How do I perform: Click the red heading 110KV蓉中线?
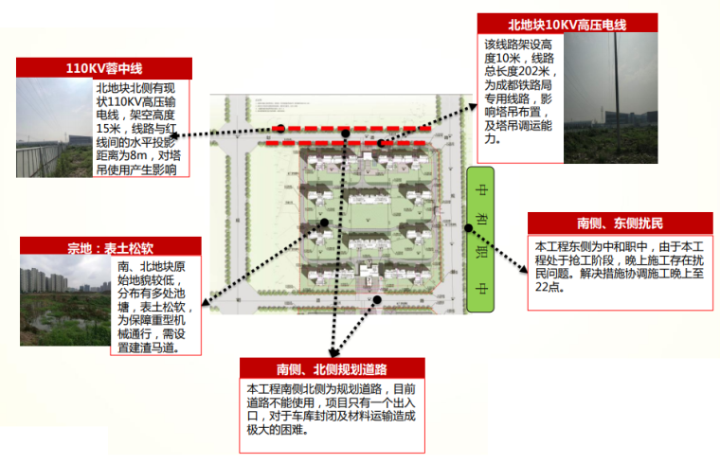click(x=104, y=68)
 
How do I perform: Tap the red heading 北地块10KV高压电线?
click(x=554, y=26)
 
